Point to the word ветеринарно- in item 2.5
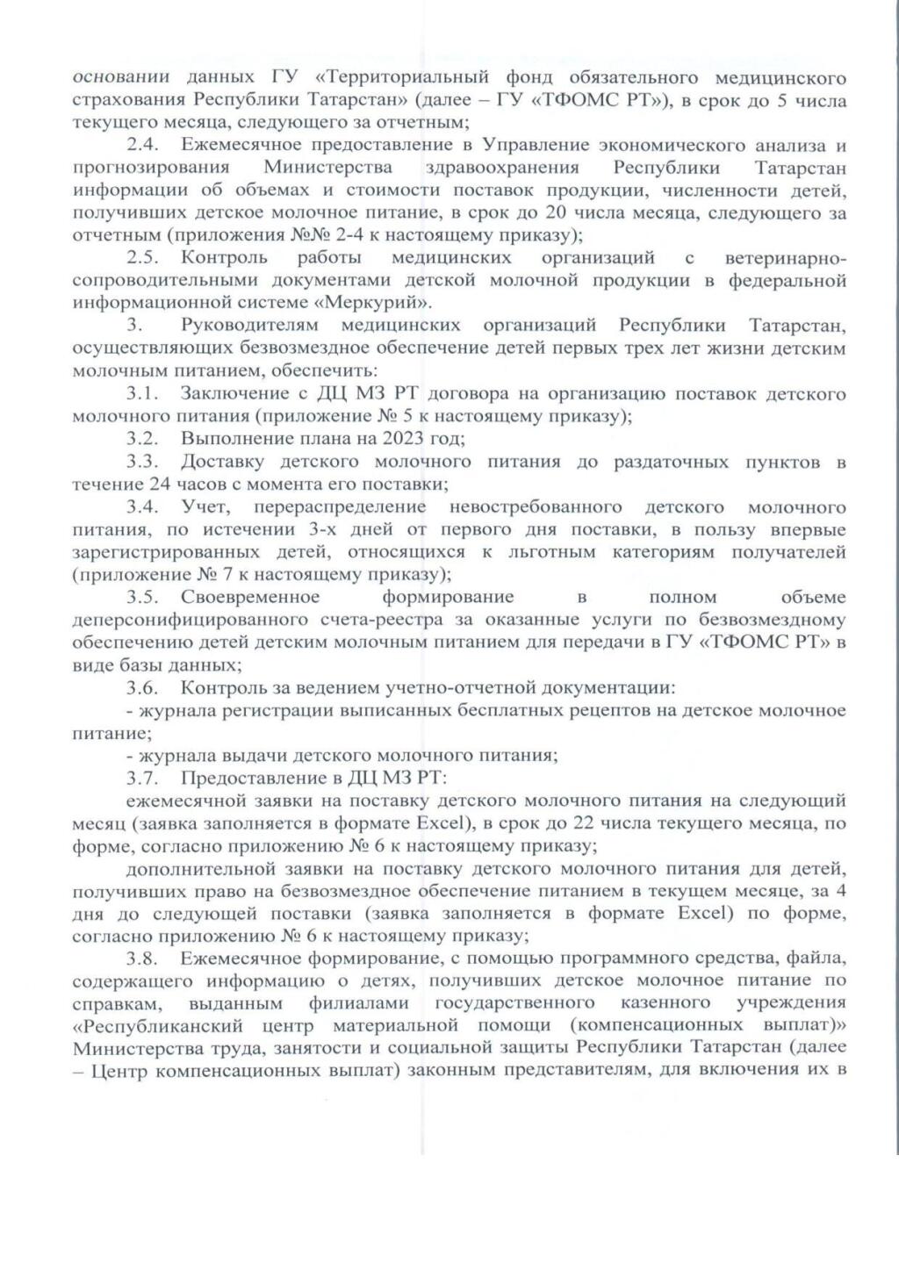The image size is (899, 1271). click(786, 258)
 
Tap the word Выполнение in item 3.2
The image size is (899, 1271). click(229, 439)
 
